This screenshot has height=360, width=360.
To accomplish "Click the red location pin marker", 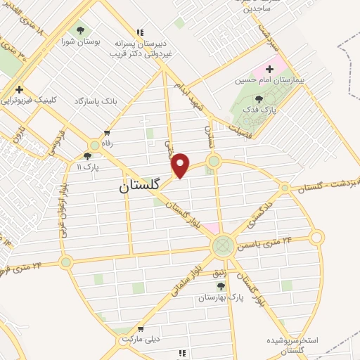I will (181, 165).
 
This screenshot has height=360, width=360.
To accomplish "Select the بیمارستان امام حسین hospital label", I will (279, 80).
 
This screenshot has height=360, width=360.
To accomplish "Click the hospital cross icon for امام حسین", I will (269, 69).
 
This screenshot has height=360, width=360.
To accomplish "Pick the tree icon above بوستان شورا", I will (80, 30).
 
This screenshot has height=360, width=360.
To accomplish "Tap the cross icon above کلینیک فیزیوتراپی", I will (19, 89).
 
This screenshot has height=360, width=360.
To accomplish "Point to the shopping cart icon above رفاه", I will (107, 132).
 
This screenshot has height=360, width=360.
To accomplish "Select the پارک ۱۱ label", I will (89, 167).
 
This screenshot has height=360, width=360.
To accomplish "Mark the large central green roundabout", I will (223, 245).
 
